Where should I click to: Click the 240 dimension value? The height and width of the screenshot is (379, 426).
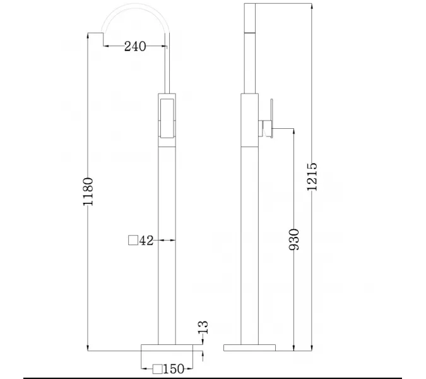[135, 46]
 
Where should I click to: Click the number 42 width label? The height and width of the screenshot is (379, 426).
[146, 240]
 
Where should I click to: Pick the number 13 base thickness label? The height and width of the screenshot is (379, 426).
[203, 328]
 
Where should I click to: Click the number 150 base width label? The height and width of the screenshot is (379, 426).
[174, 368]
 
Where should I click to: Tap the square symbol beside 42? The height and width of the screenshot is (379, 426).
[133, 240]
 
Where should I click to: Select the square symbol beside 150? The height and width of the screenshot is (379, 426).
[157, 368]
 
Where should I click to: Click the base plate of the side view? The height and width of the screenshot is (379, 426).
[249, 347]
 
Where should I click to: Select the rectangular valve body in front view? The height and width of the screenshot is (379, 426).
[166, 120]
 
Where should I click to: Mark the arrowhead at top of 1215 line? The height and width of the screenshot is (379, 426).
[311, 5]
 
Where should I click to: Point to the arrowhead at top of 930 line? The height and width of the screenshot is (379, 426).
[294, 132]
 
